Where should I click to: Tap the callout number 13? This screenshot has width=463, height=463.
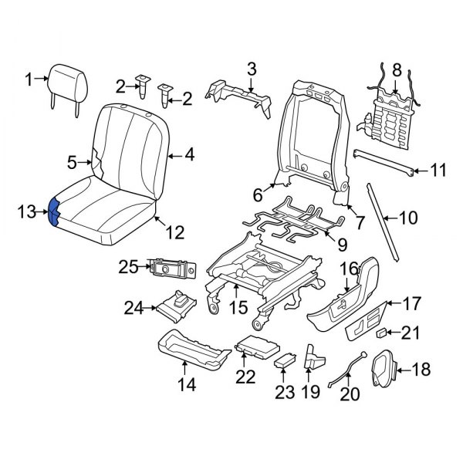click(27, 211)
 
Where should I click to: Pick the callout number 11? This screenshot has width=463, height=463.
click(438, 171)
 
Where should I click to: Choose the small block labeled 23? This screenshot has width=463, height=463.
click(286, 362)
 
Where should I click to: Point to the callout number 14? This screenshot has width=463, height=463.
click(186, 383)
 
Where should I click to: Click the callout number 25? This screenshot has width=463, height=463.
click(127, 268)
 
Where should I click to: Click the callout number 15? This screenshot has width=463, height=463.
click(238, 307)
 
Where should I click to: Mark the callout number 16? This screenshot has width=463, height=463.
click(348, 268)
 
